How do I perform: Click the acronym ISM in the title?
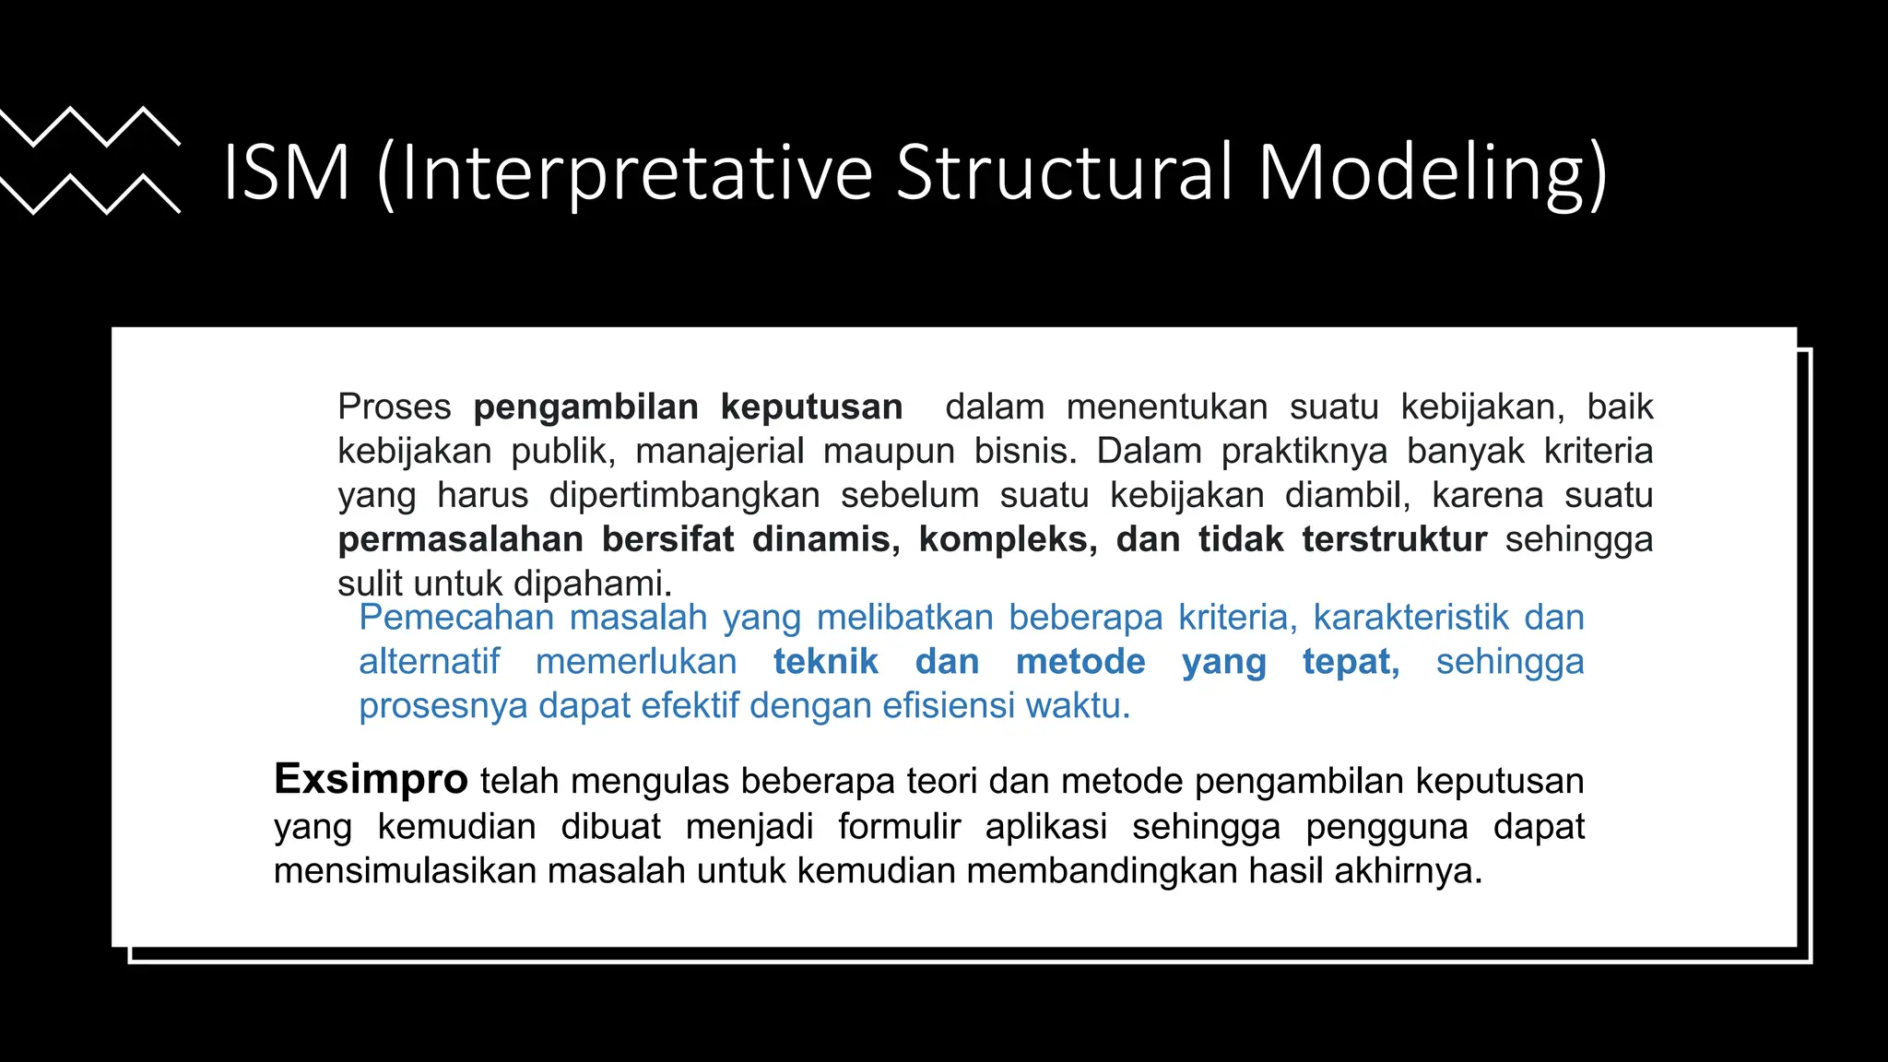click(287, 172)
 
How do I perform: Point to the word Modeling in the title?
click(1432, 172)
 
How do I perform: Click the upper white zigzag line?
click(89, 126)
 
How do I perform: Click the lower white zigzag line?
click(89, 194)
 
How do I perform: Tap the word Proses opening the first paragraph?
click(394, 407)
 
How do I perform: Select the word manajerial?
click(720, 451)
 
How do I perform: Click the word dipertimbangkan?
click(684, 495)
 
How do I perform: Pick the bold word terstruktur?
click(1394, 539)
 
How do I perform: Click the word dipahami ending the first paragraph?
click(591, 584)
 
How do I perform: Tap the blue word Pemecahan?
click(455, 617)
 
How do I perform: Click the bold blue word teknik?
click(825, 661)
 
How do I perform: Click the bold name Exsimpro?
click(371, 779)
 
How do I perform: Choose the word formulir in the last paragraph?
click(899, 826)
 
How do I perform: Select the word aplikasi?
click(1045, 826)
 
